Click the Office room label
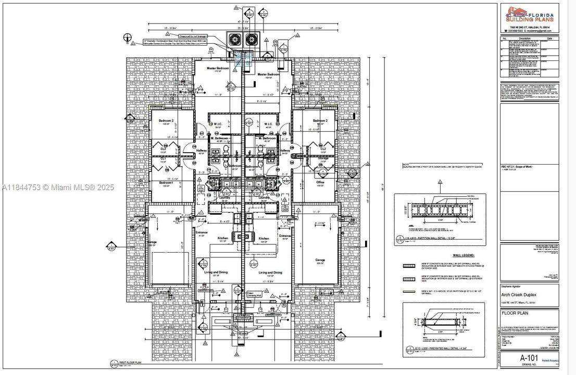tap(320, 182)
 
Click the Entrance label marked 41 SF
tap(202, 232)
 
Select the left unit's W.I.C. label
tap(219, 123)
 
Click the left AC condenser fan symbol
tap(234, 39)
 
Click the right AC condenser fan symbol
tap(252, 39)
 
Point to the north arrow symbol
tap(127, 36)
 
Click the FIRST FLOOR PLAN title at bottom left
tap(131, 362)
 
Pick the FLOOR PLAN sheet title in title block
tap(516, 313)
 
